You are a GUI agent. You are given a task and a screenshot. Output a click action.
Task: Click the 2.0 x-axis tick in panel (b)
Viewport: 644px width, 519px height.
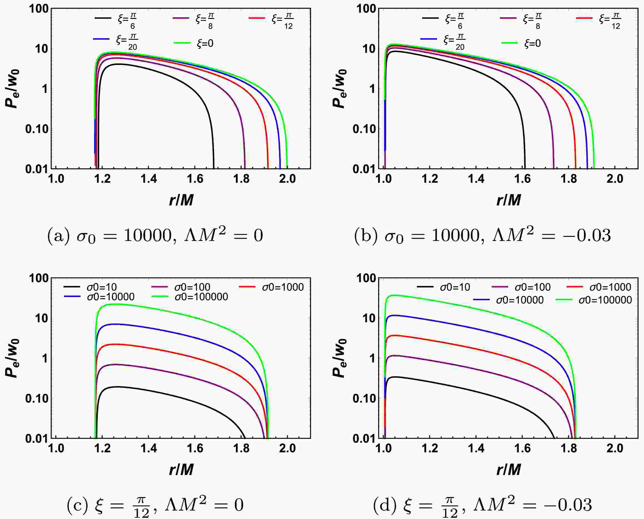[615, 179]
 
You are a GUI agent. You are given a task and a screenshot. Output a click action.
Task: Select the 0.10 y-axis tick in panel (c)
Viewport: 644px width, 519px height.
[37, 399]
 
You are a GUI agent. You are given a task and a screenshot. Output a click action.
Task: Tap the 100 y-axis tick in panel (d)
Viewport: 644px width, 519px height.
[365, 278]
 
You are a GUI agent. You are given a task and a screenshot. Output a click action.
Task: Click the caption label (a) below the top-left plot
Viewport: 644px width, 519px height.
[58, 236]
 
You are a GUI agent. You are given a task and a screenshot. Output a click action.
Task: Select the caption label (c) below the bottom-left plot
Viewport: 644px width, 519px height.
[78, 505]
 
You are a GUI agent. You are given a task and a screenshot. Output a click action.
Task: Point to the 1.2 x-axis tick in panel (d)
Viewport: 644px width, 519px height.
[430, 448]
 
